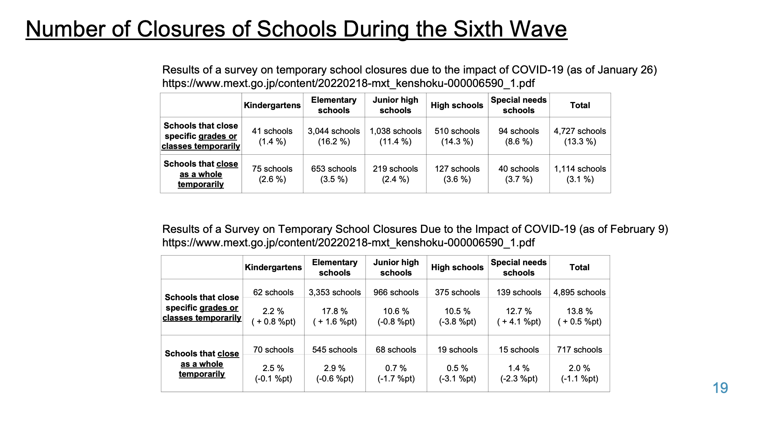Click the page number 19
click(720, 388)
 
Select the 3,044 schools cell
click(334, 136)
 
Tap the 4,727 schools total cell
click(580, 136)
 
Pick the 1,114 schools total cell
click(580, 174)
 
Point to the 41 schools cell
click(272, 136)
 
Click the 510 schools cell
click(457, 136)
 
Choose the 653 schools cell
click(334, 174)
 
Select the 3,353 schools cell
click(335, 293)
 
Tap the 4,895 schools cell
click(579, 293)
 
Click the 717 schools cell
click(579, 350)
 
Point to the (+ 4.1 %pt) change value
click(519, 322)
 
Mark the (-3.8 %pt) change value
click(458, 322)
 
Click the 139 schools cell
click(519, 293)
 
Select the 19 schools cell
click(458, 350)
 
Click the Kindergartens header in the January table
click(272, 105)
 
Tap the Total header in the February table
click(579, 267)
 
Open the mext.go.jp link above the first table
click(348, 84)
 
